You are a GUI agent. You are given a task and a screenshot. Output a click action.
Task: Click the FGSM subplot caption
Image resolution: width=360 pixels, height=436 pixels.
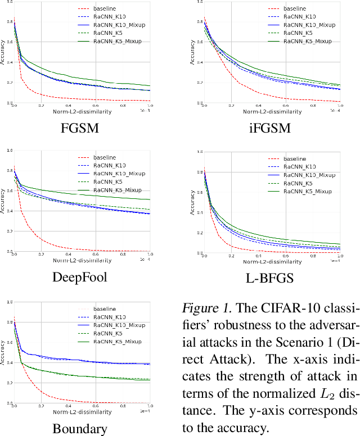[x=82, y=128]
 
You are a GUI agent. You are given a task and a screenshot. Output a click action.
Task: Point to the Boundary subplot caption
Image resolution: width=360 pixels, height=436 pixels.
[x=80, y=429]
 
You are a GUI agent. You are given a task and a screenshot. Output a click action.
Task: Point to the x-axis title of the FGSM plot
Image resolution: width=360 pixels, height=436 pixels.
[x=82, y=111]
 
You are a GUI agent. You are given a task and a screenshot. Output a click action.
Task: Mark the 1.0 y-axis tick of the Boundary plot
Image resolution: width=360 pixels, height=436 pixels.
[x=8, y=302]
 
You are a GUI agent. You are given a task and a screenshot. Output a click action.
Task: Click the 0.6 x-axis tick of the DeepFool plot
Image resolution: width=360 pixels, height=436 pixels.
[x=95, y=254]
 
